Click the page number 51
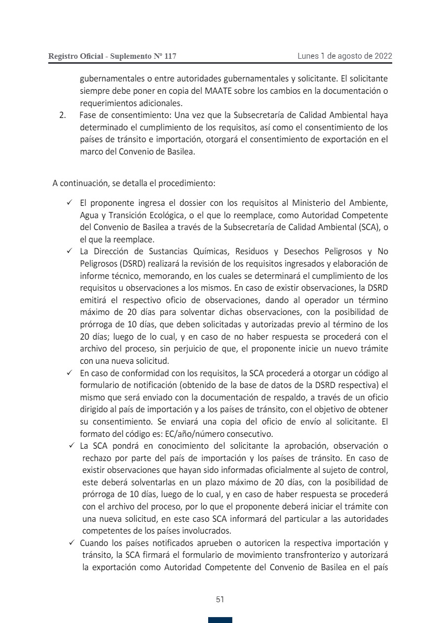click(x=220, y=599)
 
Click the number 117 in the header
click(x=170, y=56)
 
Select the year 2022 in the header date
click(x=383, y=56)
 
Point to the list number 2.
click(x=62, y=116)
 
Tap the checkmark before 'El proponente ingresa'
click(x=70, y=203)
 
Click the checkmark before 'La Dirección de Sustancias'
click(x=70, y=251)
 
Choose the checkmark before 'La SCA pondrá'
click(x=72, y=446)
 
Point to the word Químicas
click(x=201, y=251)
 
